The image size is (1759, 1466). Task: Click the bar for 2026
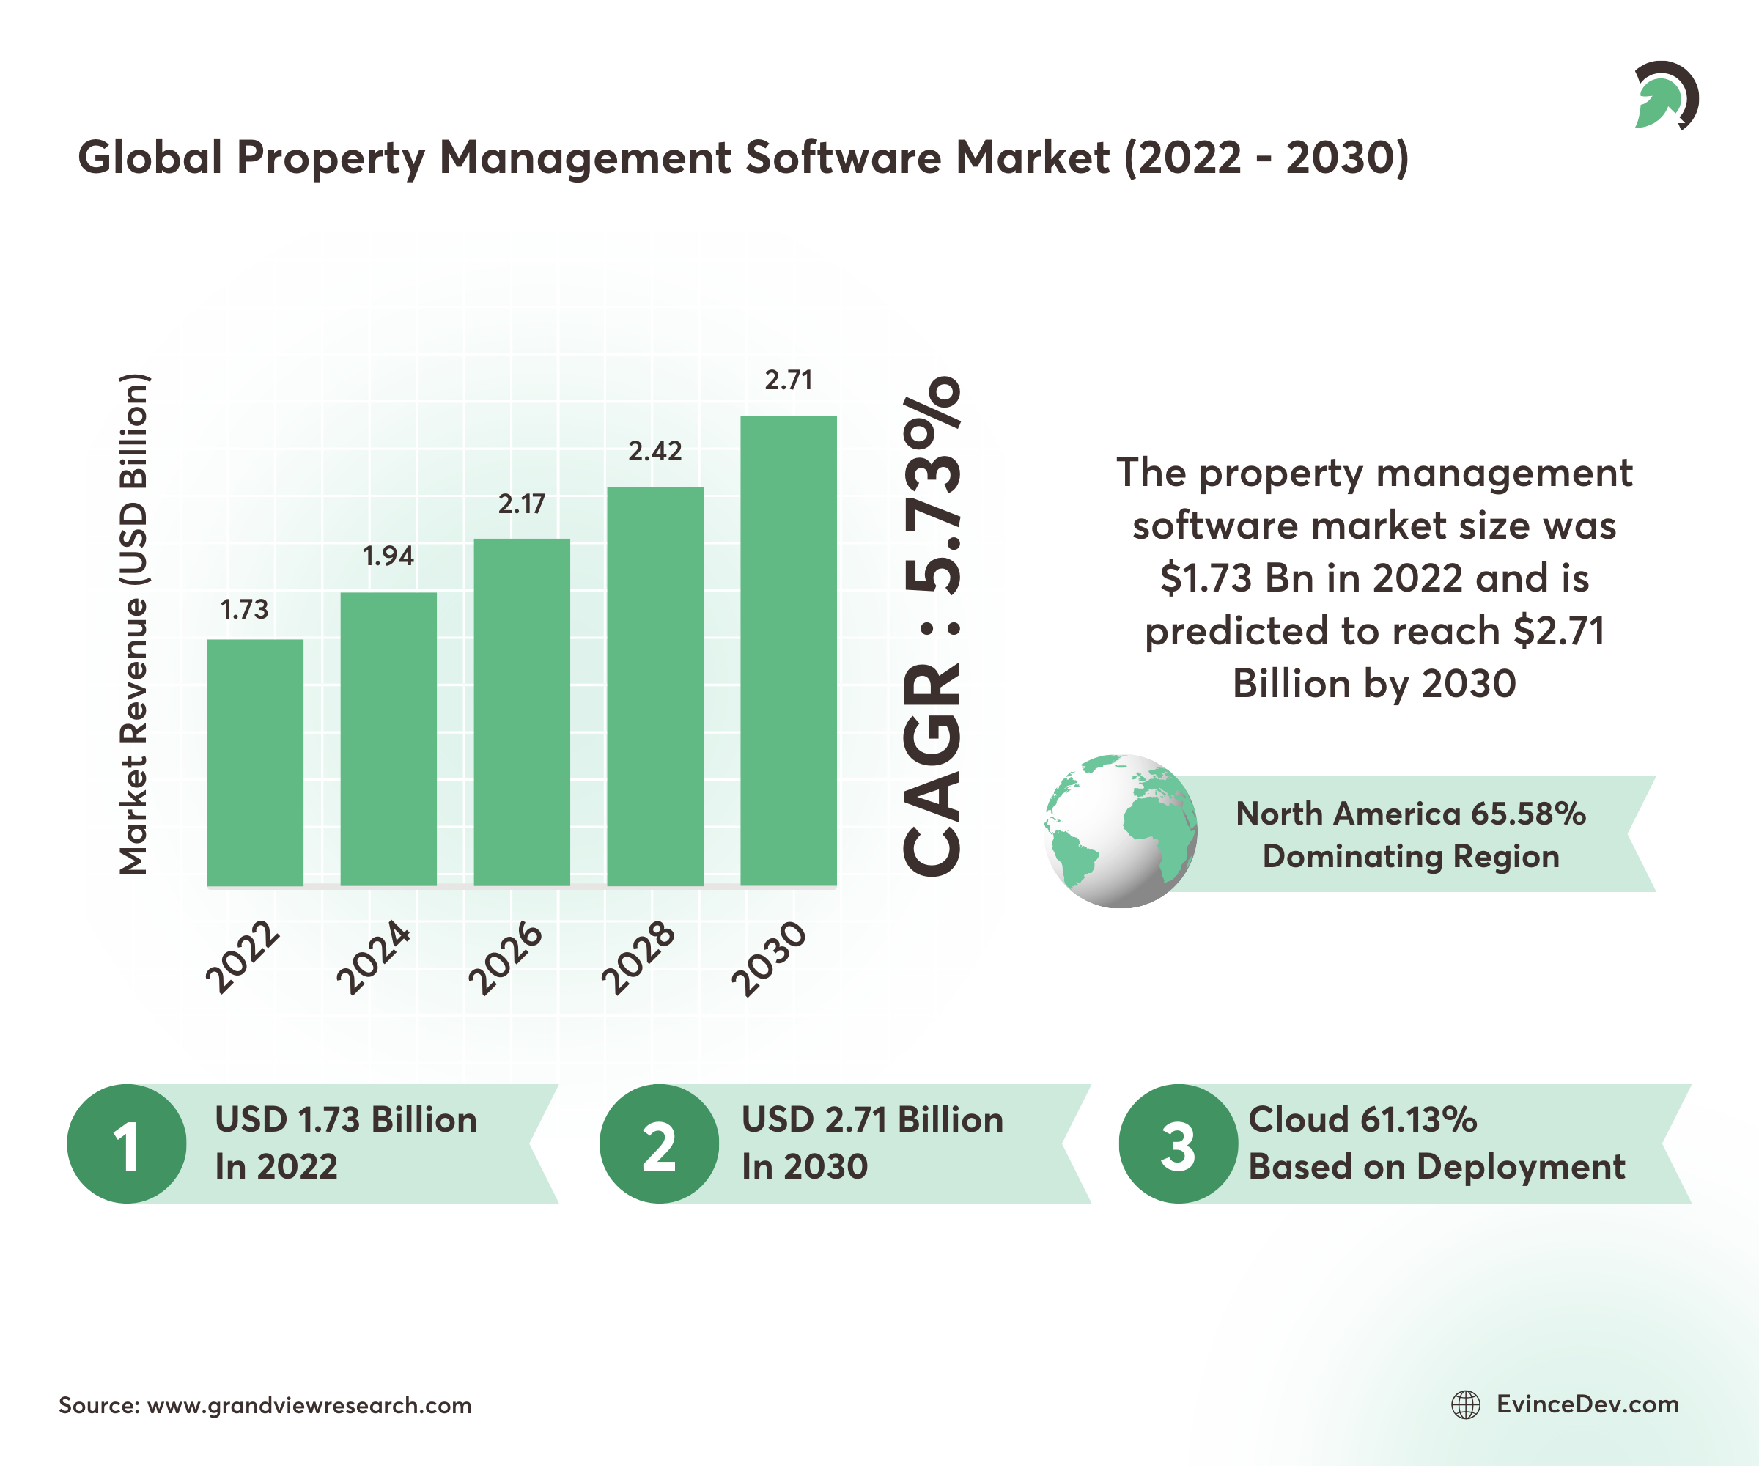522,712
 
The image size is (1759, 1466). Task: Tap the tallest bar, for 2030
788,651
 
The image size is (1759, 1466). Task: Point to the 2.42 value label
655,452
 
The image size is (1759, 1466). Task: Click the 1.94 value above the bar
388,556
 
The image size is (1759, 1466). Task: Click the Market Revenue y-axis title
134,624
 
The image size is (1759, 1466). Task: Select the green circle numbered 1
127,1144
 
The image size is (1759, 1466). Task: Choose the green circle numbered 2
659,1144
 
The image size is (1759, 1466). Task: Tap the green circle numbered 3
1178,1144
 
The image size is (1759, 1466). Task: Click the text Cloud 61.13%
1362,1120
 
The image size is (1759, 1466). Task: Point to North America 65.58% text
1411,814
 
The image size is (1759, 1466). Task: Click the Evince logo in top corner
1664,95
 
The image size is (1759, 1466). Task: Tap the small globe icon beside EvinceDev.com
1466,1405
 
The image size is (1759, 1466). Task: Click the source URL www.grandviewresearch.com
309,1406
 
